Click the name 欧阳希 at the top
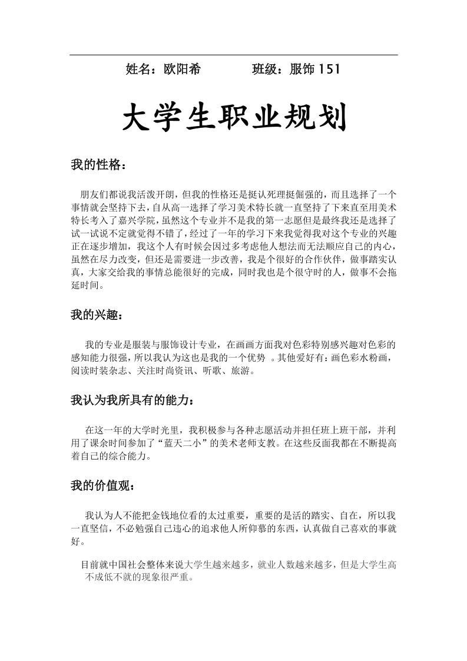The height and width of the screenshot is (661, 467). (x=182, y=70)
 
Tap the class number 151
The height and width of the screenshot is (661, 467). (x=329, y=70)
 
